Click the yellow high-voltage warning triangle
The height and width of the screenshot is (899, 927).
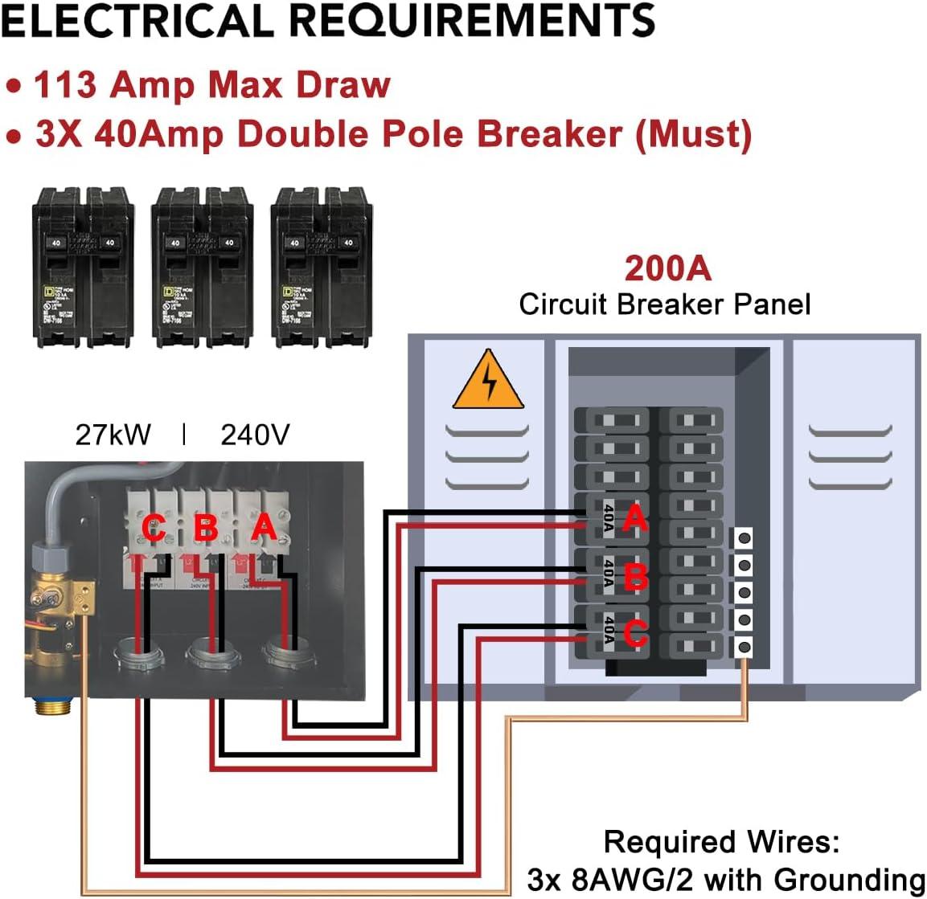pyautogui.click(x=488, y=382)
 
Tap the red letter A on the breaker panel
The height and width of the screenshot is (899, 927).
pyautogui.click(x=634, y=518)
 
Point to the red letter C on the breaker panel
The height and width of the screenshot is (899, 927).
pyautogui.click(x=635, y=634)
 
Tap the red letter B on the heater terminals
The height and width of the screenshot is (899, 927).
pyautogui.click(x=207, y=529)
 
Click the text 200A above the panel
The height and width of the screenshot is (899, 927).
pyautogui.click(x=668, y=268)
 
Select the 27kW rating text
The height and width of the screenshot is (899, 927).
pyautogui.click(x=113, y=435)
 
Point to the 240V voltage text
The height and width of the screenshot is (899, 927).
pyautogui.click(x=255, y=435)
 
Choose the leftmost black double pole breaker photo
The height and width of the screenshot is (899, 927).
pyautogui.click(x=83, y=267)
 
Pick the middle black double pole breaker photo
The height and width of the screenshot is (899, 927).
pyautogui.click(x=203, y=267)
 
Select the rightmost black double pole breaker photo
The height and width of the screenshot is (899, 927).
pyautogui.click(x=322, y=267)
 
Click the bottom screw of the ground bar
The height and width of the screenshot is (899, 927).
pyautogui.click(x=744, y=647)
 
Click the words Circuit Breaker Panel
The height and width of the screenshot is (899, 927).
pyautogui.click(x=664, y=304)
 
